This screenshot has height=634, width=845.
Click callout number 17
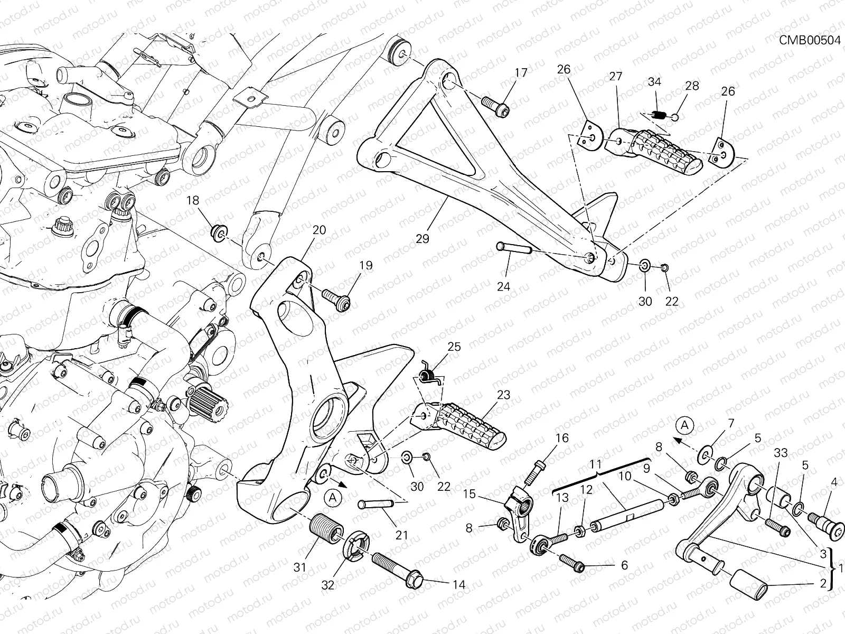coord(521,73)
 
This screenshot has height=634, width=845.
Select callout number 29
coord(422,239)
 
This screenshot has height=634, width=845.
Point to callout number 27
coord(616,77)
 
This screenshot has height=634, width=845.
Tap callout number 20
coord(319,230)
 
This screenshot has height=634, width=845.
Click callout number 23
coord(503,395)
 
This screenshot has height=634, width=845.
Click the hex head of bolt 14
coord(415,581)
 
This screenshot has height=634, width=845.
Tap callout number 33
coord(781,453)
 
